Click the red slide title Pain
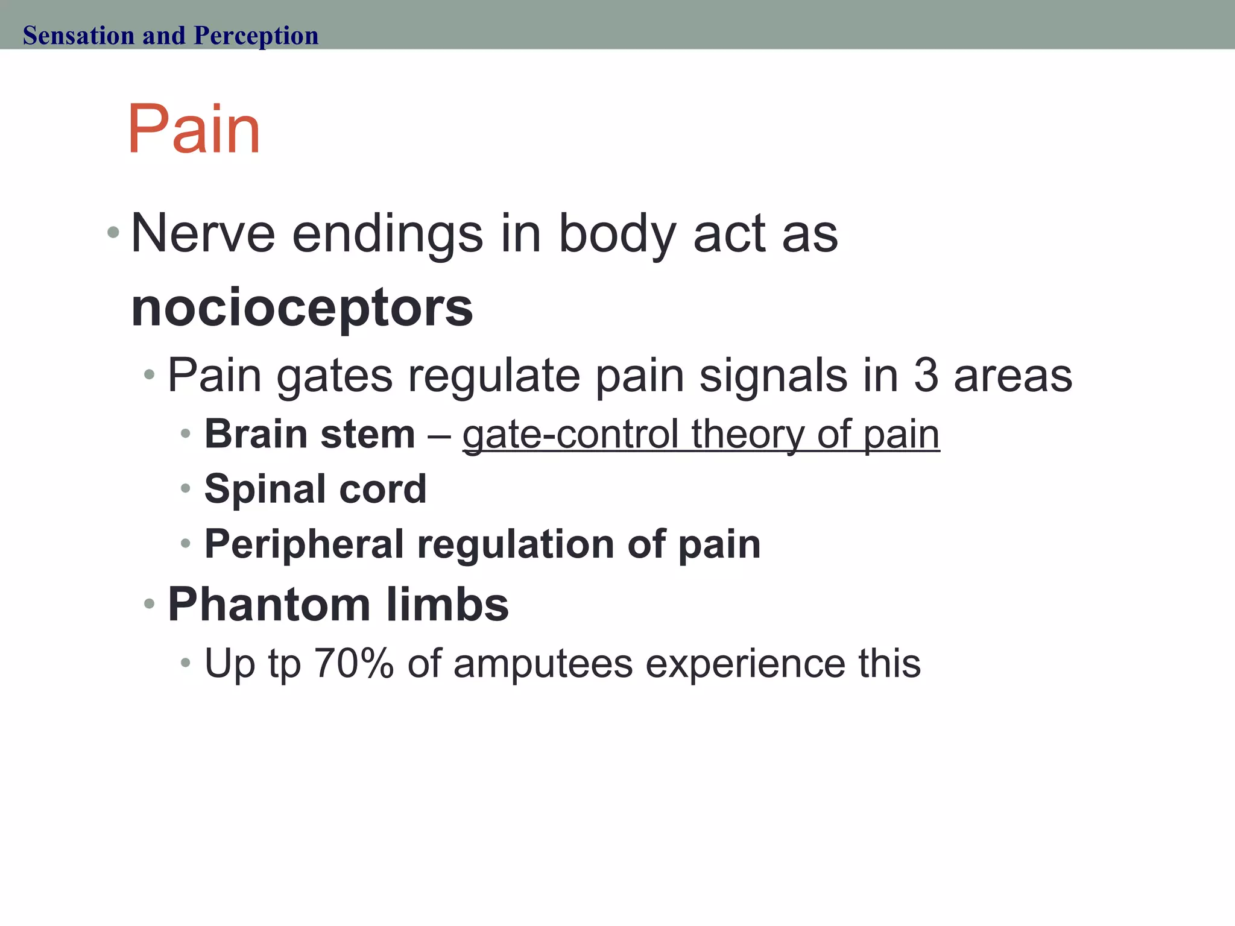(194, 129)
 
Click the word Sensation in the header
(78, 36)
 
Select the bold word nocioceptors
(302, 308)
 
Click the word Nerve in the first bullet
(203, 234)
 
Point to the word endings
(387, 235)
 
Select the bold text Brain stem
(309, 434)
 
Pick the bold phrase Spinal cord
(315, 488)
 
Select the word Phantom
(269, 604)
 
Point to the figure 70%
(353, 663)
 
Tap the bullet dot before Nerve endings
(113, 232)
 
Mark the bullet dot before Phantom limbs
(150, 603)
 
